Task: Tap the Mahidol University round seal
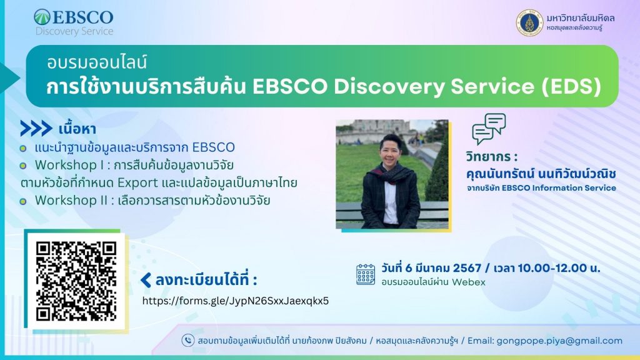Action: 529,23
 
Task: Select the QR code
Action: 76,281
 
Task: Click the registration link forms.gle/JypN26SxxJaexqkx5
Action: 236,301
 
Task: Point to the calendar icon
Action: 365,274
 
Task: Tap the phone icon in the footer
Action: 187,341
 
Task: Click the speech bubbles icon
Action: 489,129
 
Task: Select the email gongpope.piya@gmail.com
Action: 559,341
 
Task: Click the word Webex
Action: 469,282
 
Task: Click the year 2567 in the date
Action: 467,268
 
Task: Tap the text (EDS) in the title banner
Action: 571,86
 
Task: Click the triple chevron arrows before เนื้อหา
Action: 36,129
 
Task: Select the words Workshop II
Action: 71,201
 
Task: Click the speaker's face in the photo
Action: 391,152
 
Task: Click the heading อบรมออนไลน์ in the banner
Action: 97,63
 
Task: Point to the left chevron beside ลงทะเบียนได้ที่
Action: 146,280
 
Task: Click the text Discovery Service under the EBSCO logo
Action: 74,31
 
